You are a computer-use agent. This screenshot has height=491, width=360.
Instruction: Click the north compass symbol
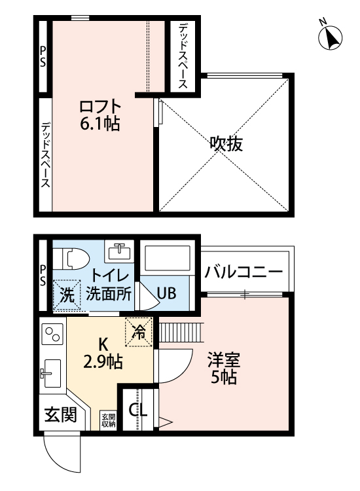pyautogui.click(x=330, y=37)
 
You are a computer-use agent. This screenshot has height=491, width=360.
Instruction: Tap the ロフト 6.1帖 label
pyautogui.click(x=100, y=115)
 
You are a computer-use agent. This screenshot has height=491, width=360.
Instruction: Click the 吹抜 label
pyautogui.click(x=226, y=144)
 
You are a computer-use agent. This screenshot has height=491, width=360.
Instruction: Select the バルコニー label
pyautogui.click(x=243, y=272)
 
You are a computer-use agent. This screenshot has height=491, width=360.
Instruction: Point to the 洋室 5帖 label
pyautogui.click(x=224, y=368)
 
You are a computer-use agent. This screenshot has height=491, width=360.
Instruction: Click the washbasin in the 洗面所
pyautogui.click(x=119, y=251)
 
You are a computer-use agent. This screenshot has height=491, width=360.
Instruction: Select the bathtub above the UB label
pyautogui.click(x=167, y=259)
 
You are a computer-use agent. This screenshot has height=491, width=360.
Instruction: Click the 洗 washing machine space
pyautogui.click(x=67, y=295)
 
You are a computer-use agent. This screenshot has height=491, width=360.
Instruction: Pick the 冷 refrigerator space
pyautogui.click(x=139, y=332)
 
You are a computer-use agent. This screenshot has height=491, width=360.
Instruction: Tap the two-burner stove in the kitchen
pyautogui.click(x=52, y=334)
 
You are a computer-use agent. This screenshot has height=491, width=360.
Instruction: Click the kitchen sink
pyautogui.click(x=51, y=373)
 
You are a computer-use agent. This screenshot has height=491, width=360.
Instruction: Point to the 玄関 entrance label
pyautogui.click(x=60, y=415)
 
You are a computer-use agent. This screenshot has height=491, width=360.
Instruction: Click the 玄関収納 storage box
pyautogui.click(x=108, y=420)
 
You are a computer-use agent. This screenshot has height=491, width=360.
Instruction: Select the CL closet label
pyautogui.click(x=138, y=409)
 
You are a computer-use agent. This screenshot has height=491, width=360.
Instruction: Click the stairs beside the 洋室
pyautogui.click(x=181, y=333)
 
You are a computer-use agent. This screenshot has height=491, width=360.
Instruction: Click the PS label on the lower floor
pyautogui.click(x=43, y=276)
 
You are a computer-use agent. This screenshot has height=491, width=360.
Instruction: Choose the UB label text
pyautogui.click(x=166, y=293)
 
